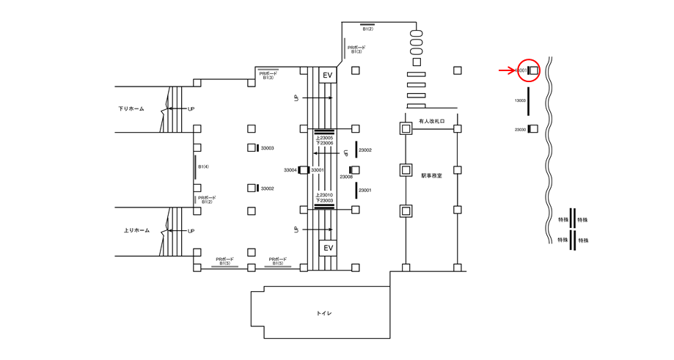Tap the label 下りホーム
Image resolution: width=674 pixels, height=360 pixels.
click(131, 109)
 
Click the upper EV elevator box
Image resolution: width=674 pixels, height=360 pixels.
click(328, 76)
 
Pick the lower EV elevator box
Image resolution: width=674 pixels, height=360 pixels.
click(328, 248)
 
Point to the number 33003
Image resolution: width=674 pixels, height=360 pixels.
click(268, 148)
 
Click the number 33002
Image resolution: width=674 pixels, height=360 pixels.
click(268, 188)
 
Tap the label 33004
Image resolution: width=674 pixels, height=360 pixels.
click(290, 170)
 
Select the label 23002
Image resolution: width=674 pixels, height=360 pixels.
click(365, 150)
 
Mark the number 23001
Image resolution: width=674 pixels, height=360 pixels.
click(365, 191)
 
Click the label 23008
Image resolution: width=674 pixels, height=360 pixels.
click(346, 177)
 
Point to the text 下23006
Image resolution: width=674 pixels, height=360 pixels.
click(324, 143)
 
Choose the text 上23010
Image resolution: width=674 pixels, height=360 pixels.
click(324, 194)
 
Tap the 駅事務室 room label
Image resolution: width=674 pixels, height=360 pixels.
click(432, 176)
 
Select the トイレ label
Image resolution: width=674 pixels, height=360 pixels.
click(324, 313)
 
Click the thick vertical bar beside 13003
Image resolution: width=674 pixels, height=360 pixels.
click(528, 100)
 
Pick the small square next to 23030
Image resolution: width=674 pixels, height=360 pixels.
click(533, 129)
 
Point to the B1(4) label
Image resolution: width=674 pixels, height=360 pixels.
click(204, 167)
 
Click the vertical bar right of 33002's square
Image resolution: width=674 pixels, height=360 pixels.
click(257, 188)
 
